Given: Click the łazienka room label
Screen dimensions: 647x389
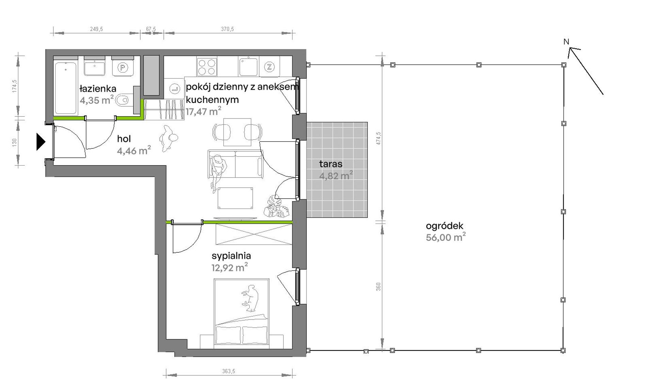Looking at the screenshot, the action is [98, 89].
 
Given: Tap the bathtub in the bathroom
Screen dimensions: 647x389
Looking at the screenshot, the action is [66, 88].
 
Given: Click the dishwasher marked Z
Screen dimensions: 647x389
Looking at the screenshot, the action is [269, 67].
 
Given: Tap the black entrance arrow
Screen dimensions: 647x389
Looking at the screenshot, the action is [41, 142].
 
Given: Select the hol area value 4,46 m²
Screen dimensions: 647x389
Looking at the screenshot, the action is [134, 151].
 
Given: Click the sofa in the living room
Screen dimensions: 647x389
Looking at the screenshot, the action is [235, 165].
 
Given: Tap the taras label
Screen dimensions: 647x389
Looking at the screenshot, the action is [331, 164].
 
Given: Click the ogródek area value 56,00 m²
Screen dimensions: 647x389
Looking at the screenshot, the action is [446, 237].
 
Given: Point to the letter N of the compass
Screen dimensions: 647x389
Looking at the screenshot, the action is [566, 42].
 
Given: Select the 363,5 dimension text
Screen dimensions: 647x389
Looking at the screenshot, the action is [229, 371].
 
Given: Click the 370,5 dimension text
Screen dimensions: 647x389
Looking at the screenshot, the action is [227, 29].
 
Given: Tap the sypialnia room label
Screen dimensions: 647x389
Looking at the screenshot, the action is [231, 256].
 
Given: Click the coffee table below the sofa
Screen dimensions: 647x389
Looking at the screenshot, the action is [235, 198].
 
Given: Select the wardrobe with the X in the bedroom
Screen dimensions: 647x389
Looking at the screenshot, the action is [254, 234].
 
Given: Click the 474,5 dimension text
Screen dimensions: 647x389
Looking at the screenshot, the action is [379, 138].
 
